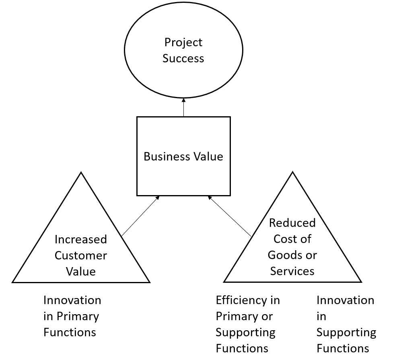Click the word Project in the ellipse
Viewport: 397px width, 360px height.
[x=183, y=43]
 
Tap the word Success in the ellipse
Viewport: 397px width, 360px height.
[x=183, y=59]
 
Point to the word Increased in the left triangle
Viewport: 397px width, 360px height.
[x=81, y=239]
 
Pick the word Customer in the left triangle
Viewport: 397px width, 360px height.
[x=81, y=255]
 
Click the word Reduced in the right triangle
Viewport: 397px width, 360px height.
[x=292, y=223]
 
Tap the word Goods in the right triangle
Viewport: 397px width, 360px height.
[x=283, y=255]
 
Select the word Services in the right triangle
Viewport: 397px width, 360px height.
[x=292, y=271]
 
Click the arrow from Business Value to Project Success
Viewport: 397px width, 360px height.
[x=184, y=107]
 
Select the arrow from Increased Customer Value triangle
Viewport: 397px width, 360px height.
[x=140, y=216]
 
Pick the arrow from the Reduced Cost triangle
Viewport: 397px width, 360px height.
[x=230, y=216]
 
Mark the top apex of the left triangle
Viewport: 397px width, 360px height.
[x=81, y=173]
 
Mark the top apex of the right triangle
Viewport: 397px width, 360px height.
[x=292, y=173]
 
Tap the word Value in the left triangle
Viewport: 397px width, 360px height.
[x=81, y=272]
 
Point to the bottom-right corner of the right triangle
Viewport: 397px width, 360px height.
[x=361, y=282]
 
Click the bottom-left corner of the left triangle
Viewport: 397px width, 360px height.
[x=13, y=282]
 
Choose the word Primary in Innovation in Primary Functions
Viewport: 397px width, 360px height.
[x=76, y=316]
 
